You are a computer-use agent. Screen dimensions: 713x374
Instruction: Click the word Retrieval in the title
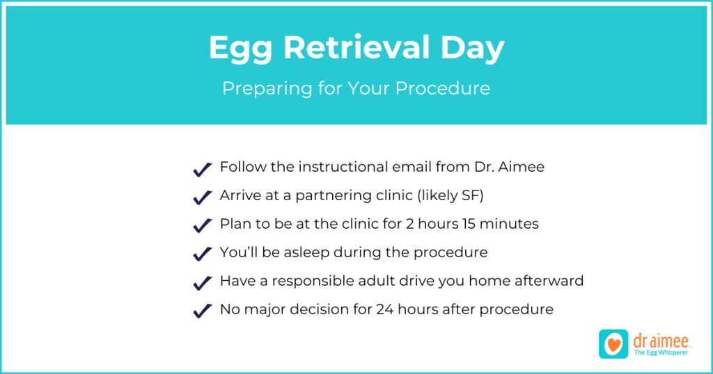point(356,47)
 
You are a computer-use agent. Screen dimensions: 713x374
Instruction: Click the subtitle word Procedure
point(442,88)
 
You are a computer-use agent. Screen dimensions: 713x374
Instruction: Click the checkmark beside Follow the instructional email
point(203,170)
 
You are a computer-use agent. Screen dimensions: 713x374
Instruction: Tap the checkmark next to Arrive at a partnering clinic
point(203,197)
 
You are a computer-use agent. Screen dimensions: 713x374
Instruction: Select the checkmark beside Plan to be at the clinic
point(203,225)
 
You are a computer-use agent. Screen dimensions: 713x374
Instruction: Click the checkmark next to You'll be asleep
point(203,254)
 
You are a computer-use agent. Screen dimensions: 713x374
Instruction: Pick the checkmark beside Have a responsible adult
point(203,283)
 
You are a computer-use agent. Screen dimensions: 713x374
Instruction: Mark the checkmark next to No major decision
point(203,311)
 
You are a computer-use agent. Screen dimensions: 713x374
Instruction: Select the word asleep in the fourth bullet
point(306,253)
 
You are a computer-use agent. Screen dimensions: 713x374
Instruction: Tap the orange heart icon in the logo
point(613,345)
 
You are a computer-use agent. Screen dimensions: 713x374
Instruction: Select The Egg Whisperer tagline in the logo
point(661,352)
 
